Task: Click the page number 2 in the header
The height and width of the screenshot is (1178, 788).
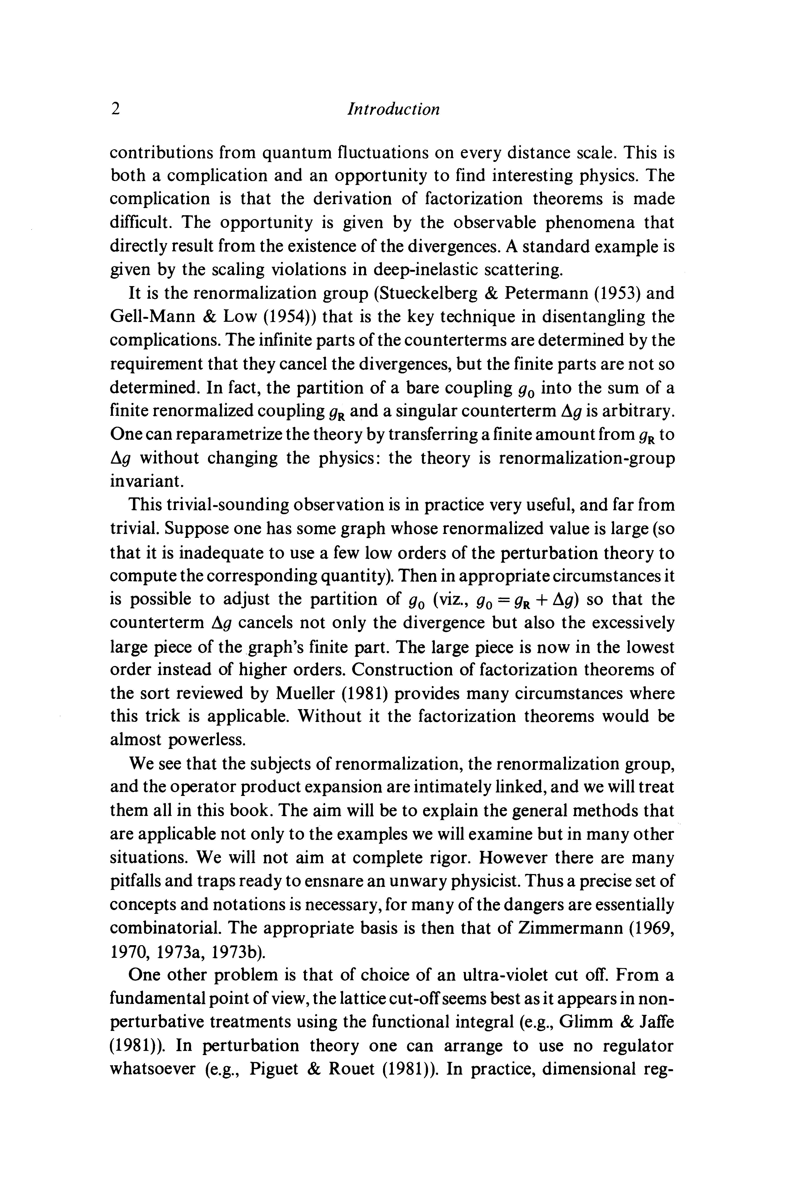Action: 115,109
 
